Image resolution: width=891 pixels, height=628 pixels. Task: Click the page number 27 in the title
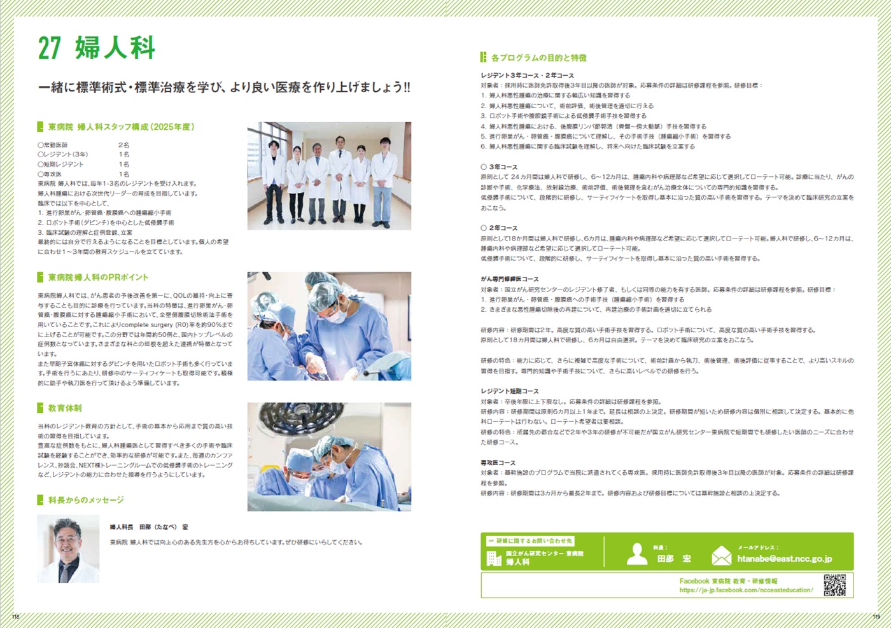49,48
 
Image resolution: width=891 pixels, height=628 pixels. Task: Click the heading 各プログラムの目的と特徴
538,58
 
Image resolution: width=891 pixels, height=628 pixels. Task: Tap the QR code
834,585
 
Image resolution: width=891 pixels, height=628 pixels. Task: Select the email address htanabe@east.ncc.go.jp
784,559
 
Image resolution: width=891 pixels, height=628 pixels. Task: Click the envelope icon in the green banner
721,555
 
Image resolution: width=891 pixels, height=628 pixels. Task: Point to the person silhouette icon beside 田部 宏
636,554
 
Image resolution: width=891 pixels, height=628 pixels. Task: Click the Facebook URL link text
746,590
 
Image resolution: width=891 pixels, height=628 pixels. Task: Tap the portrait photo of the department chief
68,548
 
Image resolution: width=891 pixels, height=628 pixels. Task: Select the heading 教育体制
64,408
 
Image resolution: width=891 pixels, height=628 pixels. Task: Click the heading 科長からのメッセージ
86,500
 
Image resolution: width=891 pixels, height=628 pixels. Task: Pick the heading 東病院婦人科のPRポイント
98,277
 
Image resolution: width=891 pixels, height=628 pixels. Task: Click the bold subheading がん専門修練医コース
509,279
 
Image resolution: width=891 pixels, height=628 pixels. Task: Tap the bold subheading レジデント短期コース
509,391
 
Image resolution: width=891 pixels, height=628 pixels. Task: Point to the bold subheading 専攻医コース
498,463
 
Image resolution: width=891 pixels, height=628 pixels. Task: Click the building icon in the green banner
494,559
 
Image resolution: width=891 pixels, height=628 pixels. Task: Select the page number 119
876,617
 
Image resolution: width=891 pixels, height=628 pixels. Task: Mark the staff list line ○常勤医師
53,145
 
